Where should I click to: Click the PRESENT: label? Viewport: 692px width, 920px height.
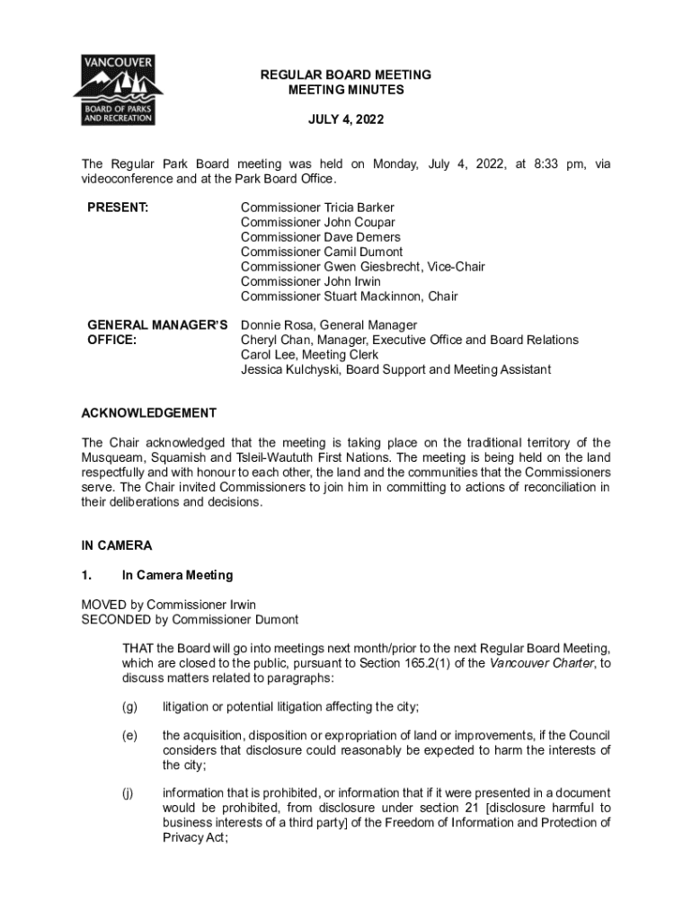pyautogui.click(x=118, y=208)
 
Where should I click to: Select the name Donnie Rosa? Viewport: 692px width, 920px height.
pyautogui.click(x=276, y=325)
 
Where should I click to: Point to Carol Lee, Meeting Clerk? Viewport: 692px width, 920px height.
pyautogui.click(x=310, y=355)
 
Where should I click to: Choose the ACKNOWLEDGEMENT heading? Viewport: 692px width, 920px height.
pyautogui.click(x=148, y=413)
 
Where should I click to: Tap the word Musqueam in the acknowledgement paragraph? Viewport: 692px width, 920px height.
pyautogui.click(x=112, y=457)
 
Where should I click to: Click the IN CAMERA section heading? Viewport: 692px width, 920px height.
pyautogui.click(x=117, y=545)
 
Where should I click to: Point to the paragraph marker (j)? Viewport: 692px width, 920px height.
pyautogui.click(x=129, y=793)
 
